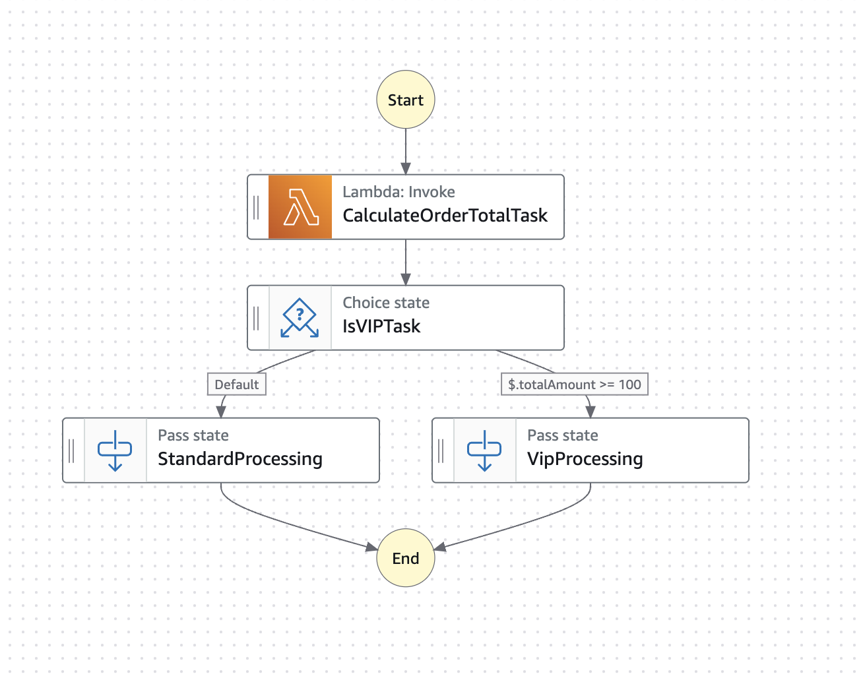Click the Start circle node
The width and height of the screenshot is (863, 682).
point(405,100)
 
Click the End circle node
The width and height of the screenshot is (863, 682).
point(405,558)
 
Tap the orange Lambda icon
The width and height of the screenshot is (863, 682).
point(300,207)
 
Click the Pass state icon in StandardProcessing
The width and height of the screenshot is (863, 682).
point(115,450)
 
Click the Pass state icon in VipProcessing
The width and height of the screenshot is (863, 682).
point(484,450)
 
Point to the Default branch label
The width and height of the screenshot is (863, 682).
point(236,385)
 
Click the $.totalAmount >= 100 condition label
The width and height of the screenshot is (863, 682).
point(575,385)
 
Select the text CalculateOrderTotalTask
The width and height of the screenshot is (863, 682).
point(445,216)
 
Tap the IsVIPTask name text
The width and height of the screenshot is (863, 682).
point(381,326)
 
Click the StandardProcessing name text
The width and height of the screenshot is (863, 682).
point(240,459)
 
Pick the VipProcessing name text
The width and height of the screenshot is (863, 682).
point(585,459)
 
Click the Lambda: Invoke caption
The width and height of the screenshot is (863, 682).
point(399,192)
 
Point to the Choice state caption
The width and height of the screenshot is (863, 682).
point(386,303)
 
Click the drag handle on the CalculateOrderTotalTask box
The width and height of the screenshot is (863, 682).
point(257,207)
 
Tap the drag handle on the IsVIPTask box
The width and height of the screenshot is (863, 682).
point(257,318)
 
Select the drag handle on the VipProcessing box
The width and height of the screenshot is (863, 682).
point(441,450)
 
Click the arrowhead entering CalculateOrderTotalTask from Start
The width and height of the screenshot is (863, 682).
point(406,168)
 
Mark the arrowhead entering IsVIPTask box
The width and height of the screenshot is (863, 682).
point(406,279)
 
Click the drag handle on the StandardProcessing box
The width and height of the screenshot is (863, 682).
point(72,450)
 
